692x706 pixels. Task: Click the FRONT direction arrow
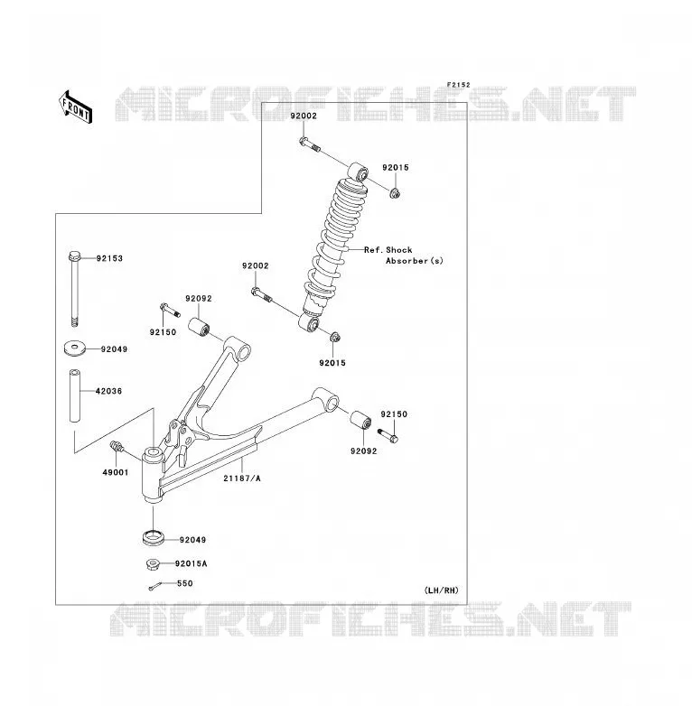tap(75, 107)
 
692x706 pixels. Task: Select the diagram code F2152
tap(458, 85)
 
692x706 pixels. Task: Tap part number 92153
tap(109, 258)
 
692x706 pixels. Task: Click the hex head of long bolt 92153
tap(75, 256)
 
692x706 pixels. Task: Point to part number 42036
tap(108, 391)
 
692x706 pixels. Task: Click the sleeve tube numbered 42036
tap(75, 395)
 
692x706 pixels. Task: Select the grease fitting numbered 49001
tap(117, 447)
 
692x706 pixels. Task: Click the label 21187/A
tap(242, 478)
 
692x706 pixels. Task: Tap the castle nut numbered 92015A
tap(153, 563)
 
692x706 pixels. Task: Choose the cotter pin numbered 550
tap(154, 586)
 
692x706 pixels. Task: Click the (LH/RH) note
tap(441, 590)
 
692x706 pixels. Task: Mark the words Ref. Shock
tap(388, 250)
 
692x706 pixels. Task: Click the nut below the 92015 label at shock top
tap(395, 193)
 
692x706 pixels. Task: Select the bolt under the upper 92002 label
tap(310, 144)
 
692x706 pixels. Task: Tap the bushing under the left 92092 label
tap(199, 327)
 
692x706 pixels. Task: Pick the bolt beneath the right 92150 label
tap(388, 435)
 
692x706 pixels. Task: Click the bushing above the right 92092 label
tap(360, 420)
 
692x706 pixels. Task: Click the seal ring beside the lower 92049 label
tap(153, 537)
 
